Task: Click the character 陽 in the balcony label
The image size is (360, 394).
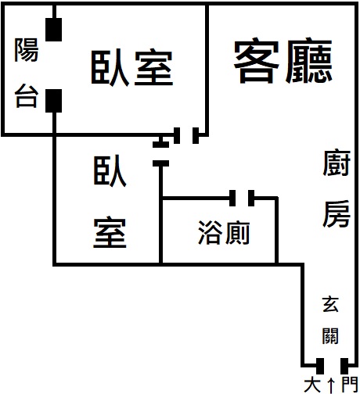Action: (x=27, y=50)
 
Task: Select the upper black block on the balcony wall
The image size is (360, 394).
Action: (x=53, y=30)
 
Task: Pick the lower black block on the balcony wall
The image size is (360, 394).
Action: (x=53, y=101)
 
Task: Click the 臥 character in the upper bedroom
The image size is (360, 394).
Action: (x=110, y=68)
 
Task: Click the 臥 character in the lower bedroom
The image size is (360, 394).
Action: (x=110, y=171)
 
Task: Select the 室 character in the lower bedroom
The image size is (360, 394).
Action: (x=110, y=232)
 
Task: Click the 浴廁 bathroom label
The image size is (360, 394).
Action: (x=224, y=232)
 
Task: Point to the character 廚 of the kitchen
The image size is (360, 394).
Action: (x=337, y=163)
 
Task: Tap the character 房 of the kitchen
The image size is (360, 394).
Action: (x=337, y=213)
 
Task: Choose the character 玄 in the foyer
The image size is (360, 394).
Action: (x=330, y=304)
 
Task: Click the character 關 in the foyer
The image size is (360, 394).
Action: (x=330, y=335)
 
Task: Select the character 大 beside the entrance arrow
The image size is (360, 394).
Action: (x=312, y=385)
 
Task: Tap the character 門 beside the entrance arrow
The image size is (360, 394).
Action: (x=350, y=385)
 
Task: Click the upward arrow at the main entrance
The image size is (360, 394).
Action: (x=331, y=385)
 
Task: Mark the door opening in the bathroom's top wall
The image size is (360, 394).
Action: (x=242, y=199)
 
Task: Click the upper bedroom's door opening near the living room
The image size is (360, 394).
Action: (x=186, y=135)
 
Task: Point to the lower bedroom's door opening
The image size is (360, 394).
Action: (x=160, y=154)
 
